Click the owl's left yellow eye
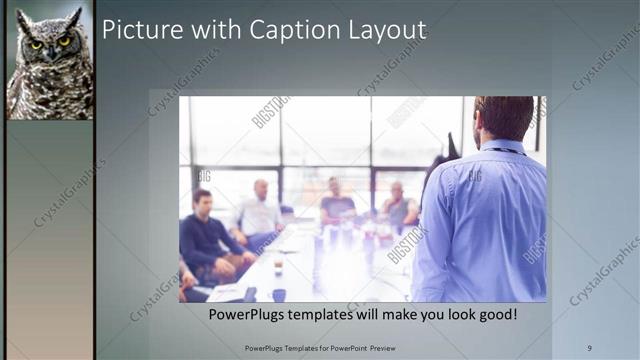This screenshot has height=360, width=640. (x=37, y=44)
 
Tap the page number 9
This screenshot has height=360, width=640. (x=589, y=347)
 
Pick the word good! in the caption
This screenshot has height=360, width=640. (x=495, y=314)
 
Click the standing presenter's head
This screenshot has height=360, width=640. (x=503, y=118)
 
